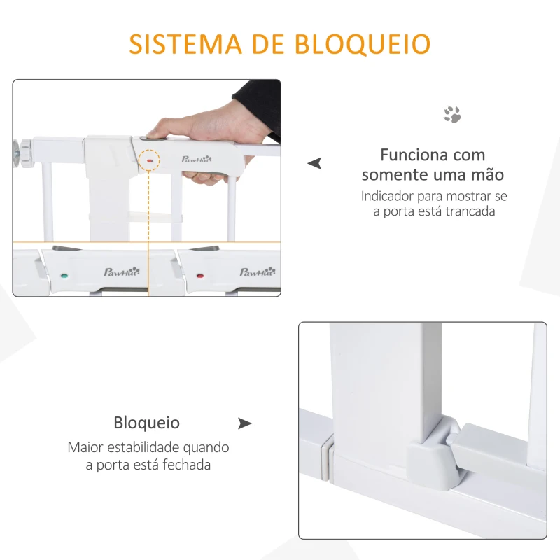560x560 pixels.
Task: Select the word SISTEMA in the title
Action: (176, 43)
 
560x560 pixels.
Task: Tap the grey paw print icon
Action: (452, 114)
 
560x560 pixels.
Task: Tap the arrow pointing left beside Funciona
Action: (315, 163)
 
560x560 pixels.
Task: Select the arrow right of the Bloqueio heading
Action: (244, 423)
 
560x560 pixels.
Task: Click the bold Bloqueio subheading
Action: (147, 423)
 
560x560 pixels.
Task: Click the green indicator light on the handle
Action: (64, 275)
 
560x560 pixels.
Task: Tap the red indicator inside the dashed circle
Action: (149, 160)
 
